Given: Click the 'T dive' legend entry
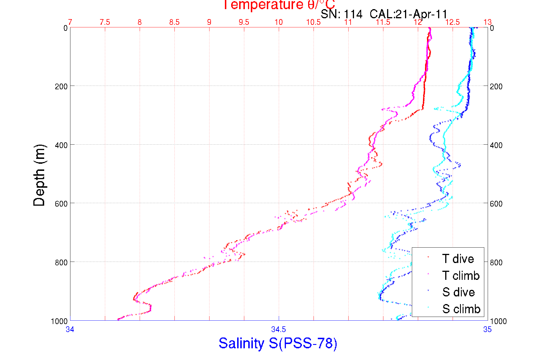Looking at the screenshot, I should [458, 259].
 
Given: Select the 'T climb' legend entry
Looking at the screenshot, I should [461, 276].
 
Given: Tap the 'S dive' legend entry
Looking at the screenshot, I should [458, 292].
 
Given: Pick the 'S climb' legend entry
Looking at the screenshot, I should [461, 309].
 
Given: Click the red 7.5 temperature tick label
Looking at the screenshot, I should [105, 22].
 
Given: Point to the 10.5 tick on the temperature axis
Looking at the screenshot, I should [313, 22].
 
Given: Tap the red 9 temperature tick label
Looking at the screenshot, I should [209, 22].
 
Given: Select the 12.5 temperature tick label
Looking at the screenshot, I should [452, 22].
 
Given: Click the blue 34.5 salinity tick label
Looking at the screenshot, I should [278, 329].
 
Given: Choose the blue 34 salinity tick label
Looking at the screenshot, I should [70, 329].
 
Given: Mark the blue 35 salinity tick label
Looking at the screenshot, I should [487, 329].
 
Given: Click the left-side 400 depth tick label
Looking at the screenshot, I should [61, 145].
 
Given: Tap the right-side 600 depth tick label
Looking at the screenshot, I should [496, 204].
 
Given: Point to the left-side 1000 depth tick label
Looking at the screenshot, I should [59, 321].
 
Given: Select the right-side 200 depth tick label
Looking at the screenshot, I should [496, 86].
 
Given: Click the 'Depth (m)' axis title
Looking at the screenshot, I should [39, 175].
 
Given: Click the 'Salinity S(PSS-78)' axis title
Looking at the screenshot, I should [278, 343].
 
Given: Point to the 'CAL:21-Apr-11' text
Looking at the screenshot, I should [408, 14].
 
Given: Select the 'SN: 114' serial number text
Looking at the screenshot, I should [341, 14].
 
